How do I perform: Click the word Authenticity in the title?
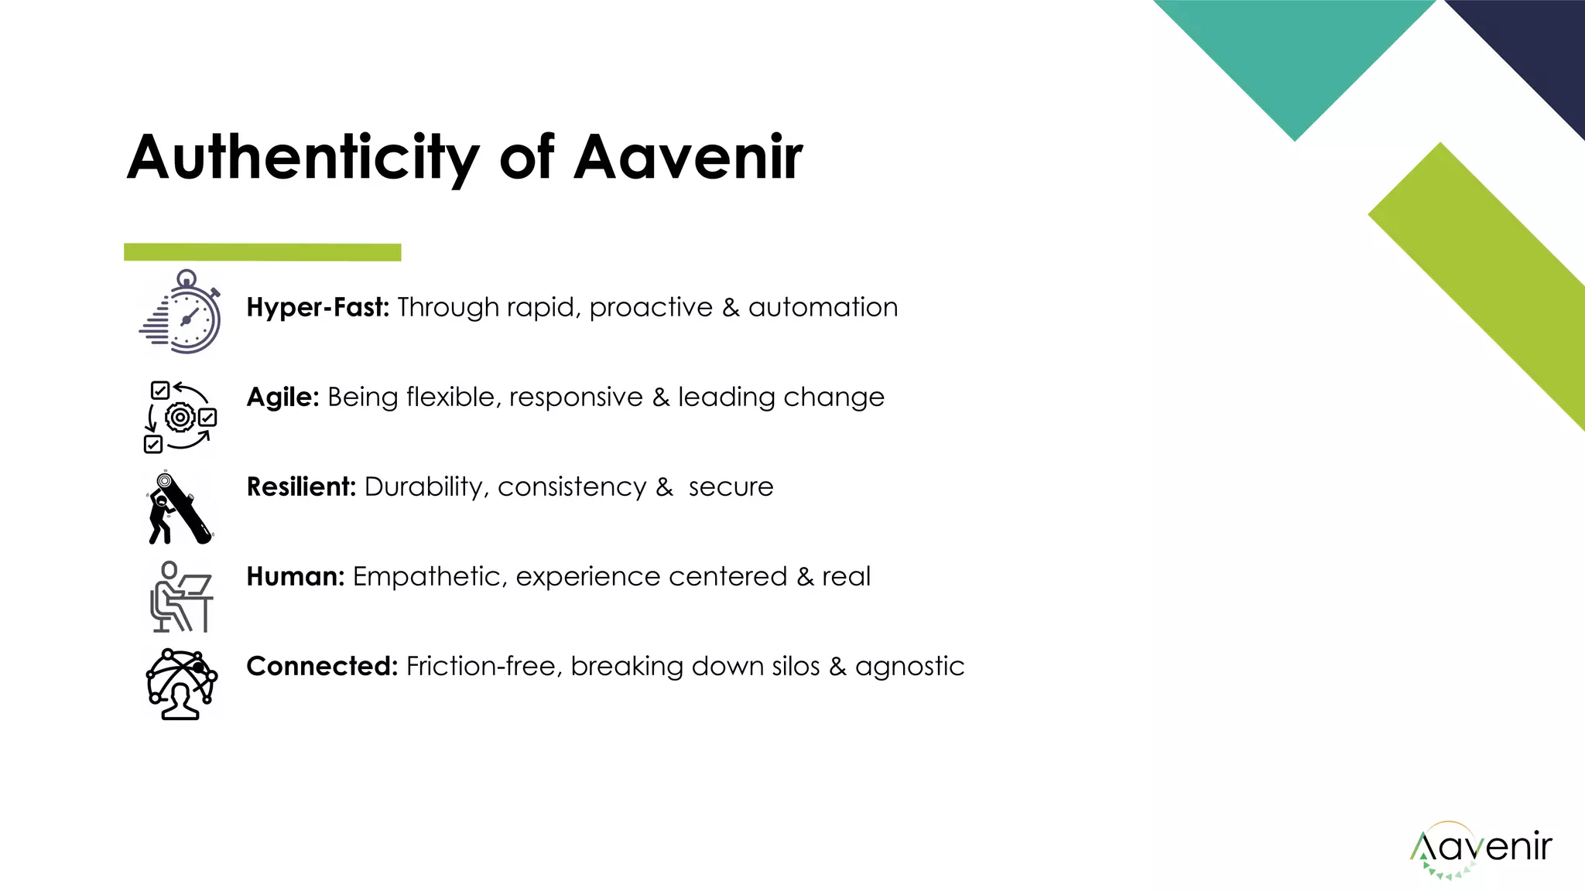tap(303, 159)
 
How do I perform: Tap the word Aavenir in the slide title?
tap(688, 157)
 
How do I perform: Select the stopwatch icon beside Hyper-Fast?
tap(183, 312)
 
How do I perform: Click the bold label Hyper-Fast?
tap(317, 307)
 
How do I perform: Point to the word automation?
tap(823, 307)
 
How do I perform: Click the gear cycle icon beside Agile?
tap(180, 416)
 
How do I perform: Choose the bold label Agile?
tap(282, 397)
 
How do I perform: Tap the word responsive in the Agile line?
tap(576, 397)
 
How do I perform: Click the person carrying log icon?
tap(180, 507)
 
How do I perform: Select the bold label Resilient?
tap(301, 486)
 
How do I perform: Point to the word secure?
tap(731, 487)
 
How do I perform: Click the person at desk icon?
tap(181, 596)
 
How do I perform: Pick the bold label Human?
tap(295, 576)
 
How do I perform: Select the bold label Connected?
tap(322, 666)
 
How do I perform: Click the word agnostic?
tap(909, 667)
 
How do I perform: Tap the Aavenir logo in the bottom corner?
tap(1481, 849)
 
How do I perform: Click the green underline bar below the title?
tap(262, 252)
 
